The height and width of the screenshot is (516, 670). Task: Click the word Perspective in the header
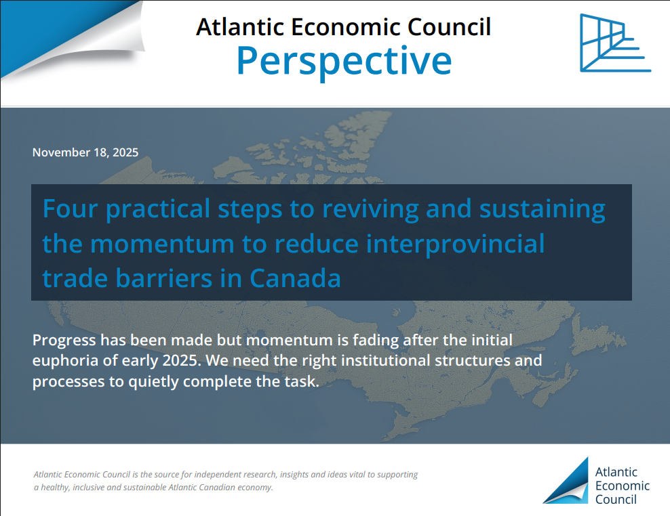point(344,62)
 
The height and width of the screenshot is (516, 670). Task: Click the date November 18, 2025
point(85,152)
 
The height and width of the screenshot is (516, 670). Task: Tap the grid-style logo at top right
point(615,43)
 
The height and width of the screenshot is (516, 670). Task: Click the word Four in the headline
point(71,209)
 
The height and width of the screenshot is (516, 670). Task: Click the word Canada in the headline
point(295,278)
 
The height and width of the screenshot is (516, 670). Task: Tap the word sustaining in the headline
point(543,210)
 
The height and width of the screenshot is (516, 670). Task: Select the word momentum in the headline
point(162,244)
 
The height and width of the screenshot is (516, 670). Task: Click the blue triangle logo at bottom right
point(566,481)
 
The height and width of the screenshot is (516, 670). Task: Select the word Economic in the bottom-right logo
point(622,486)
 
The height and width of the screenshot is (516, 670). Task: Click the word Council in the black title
point(449,27)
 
